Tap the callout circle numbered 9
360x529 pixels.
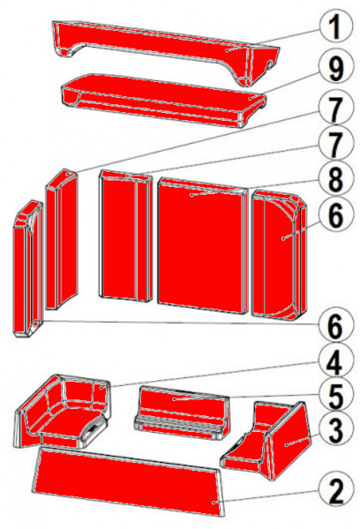point(335,69)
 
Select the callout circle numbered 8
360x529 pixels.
point(335,179)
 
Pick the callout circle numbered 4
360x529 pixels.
point(335,362)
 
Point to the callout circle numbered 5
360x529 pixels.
point(335,395)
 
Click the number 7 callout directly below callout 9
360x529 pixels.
point(335,108)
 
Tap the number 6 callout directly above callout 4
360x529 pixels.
point(335,326)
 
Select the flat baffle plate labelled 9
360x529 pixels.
point(162,101)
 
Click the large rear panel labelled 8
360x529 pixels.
point(203,246)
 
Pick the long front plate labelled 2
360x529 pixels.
point(128,481)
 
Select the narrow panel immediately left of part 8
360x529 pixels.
point(125,235)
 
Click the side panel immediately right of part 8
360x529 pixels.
point(279,255)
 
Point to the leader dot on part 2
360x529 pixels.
point(214,503)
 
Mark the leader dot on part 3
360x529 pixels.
point(287,445)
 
